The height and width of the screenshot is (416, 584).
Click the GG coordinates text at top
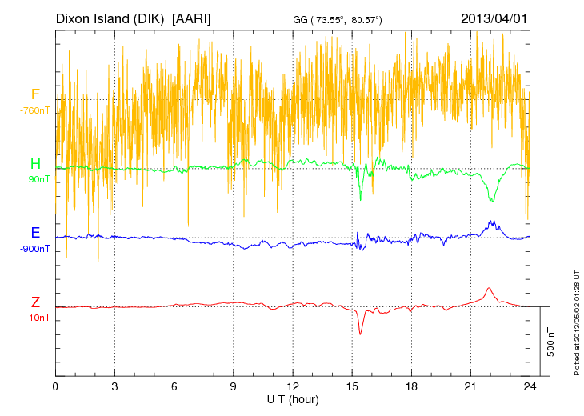(x=336, y=19)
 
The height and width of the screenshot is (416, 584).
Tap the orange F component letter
(x=35, y=95)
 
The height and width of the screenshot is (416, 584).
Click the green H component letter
(x=35, y=164)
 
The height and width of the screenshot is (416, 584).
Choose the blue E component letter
(x=35, y=233)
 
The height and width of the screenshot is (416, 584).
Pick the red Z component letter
(x=35, y=302)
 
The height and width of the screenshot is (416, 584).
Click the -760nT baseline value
(x=35, y=110)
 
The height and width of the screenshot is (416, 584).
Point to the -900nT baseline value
(x=35, y=248)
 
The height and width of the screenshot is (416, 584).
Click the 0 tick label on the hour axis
(x=55, y=386)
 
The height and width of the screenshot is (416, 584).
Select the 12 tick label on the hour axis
(x=293, y=386)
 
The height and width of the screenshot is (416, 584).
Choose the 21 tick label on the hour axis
(x=470, y=386)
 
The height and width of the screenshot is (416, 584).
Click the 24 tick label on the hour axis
(x=530, y=386)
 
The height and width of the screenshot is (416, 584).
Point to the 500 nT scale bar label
(x=551, y=342)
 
